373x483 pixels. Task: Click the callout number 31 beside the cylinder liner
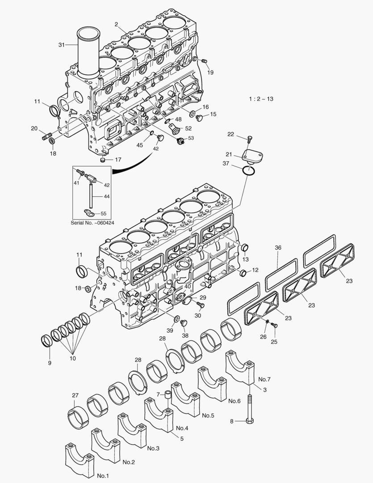(62, 45)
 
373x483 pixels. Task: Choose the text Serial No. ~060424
(93, 222)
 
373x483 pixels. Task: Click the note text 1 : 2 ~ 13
(261, 99)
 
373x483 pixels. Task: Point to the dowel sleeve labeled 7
(168, 394)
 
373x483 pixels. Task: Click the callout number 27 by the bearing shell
(75, 395)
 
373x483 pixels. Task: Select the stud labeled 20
(47, 135)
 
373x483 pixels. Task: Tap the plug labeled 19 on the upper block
(204, 61)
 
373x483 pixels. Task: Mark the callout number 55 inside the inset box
(104, 214)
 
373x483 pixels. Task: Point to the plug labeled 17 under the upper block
(104, 160)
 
